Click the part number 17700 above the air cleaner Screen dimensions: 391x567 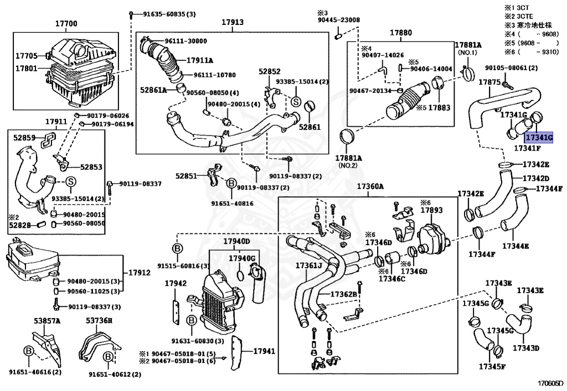(66, 24)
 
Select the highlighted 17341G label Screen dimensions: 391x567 (539, 138)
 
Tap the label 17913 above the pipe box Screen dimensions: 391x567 (233, 23)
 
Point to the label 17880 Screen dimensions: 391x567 (400, 33)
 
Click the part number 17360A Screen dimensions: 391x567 (370, 186)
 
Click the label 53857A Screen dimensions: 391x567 (47, 320)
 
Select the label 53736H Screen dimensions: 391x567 (99, 320)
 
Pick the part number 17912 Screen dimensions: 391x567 (140, 273)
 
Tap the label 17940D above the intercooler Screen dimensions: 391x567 (236, 242)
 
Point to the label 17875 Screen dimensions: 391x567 (489, 82)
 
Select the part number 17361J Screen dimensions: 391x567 (308, 266)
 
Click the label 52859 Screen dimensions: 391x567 (24, 138)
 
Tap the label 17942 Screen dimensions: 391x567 (175, 283)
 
